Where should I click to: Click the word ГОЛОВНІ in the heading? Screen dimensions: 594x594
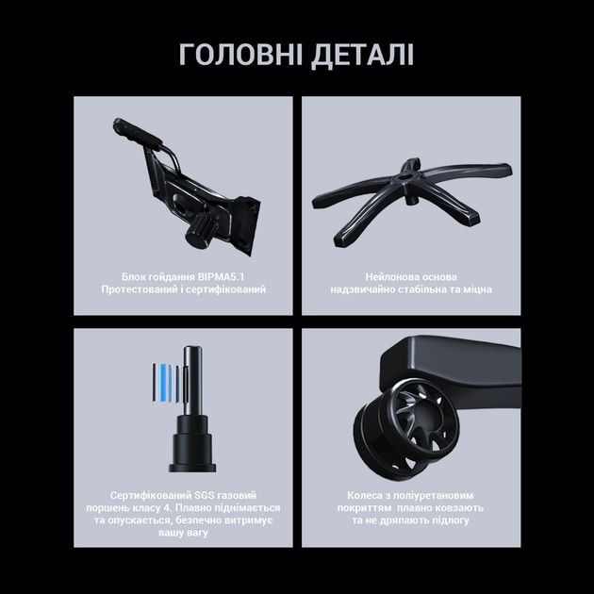click(x=240, y=55)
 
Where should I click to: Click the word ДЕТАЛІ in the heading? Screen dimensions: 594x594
click(x=363, y=56)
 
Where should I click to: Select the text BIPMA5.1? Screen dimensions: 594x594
click(x=221, y=277)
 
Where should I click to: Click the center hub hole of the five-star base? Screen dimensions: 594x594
click(x=404, y=176)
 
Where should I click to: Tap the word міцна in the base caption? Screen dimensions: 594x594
click(x=477, y=289)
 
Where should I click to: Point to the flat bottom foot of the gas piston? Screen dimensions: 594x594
click(x=192, y=468)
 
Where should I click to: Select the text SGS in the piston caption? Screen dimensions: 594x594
click(x=205, y=496)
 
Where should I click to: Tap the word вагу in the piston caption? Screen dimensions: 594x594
click(x=197, y=533)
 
